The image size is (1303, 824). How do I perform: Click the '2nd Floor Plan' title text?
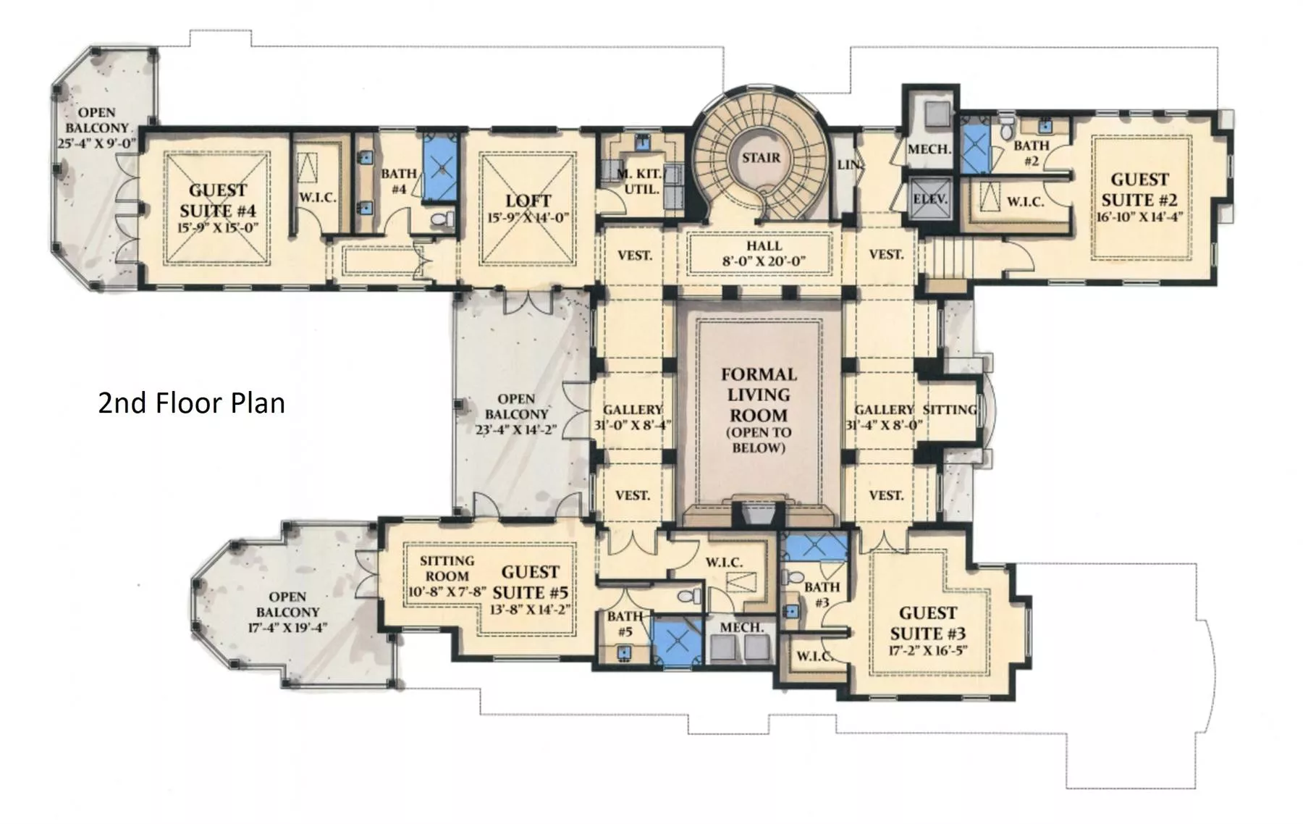coord(191,403)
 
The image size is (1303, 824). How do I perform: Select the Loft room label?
coord(528,208)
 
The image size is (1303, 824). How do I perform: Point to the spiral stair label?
coord(761,157)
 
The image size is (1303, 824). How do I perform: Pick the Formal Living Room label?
coord(759,409)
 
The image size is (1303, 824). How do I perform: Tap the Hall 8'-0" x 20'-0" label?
coord(764,253)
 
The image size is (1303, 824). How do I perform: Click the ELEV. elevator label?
coord(930,198)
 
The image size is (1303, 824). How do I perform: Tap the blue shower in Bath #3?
coord(816,547)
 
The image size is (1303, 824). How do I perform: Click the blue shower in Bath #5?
coord(678,640)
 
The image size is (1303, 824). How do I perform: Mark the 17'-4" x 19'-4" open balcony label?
coord(287,612)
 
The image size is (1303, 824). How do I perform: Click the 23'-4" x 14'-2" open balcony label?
coord(516,414)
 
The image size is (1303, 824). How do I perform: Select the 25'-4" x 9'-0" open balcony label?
coord(96,127)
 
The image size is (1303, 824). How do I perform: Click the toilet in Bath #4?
coord(442,218)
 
